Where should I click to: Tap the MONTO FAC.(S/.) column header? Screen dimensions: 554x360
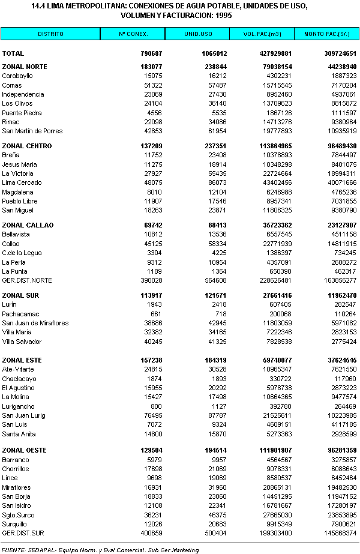(328, 34)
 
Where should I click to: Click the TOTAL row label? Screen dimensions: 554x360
(13, 53)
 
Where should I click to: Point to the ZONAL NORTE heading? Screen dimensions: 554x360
(25, 67)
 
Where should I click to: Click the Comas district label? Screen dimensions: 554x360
(12, 85)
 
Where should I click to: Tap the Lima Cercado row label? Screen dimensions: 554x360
(22, 182)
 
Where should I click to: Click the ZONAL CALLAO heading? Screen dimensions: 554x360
(28, 225)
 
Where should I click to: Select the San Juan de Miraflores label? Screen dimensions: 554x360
(35, 323)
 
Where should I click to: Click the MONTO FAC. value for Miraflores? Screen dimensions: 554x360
(342, 487)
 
